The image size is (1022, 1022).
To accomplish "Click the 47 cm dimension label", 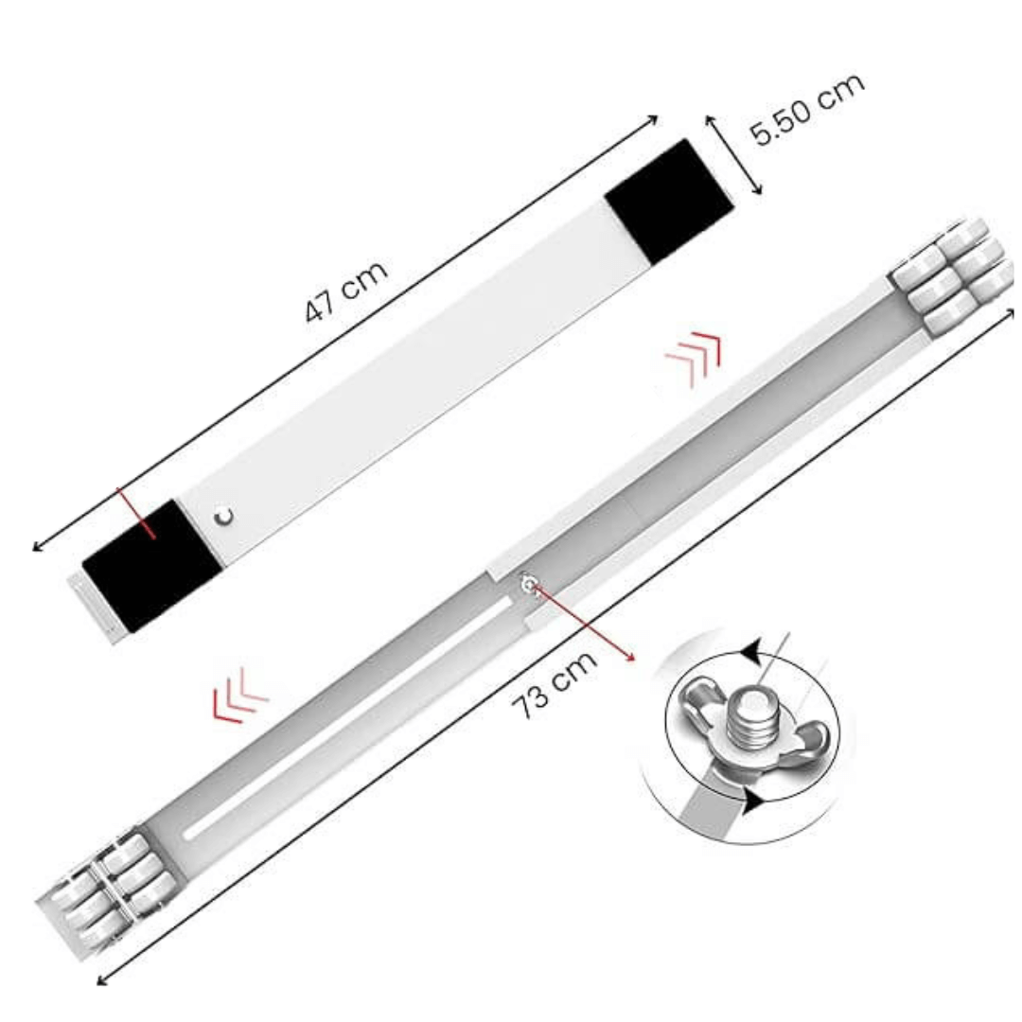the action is (x=346, y=291).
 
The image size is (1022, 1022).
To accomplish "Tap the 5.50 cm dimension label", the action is (x=808, y=108).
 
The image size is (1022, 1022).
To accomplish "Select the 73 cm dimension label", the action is (x=554, y=683).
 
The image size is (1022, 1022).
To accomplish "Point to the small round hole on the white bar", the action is (x=223, y=517).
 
